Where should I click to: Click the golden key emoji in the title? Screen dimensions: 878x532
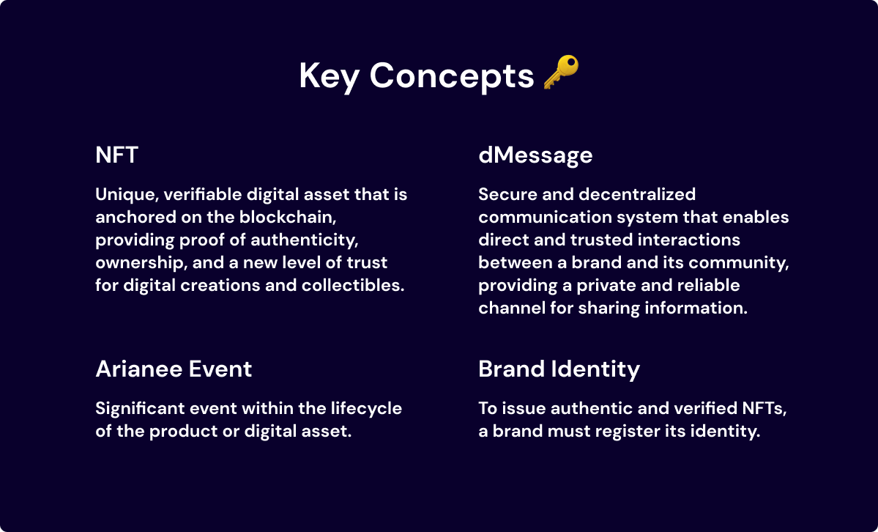pos(561,73)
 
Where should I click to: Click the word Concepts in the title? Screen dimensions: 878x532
pos(452,75)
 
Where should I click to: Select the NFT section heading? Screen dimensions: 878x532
pos(116,155)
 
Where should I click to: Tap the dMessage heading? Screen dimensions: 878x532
pos(535,155)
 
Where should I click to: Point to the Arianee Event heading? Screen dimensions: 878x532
pos(174,369)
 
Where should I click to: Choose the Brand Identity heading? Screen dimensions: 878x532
pos(559,369)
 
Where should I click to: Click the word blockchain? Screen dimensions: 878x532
pos(288,217)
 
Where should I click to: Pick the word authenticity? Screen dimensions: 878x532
pos(304,240)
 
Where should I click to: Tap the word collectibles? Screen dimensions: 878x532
pos(353,285)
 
